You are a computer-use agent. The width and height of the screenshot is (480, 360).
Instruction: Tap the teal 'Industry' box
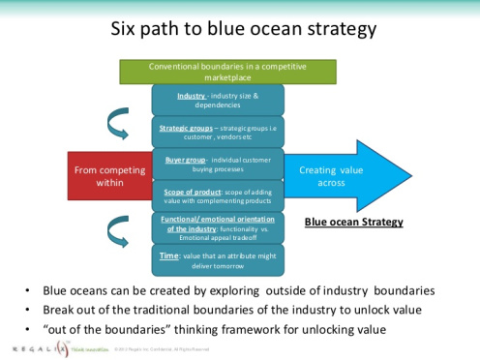[x=217, y=100]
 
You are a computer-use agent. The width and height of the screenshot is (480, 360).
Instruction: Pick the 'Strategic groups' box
[x=217, y=132]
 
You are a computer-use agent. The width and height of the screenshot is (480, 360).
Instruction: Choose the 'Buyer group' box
[x=217, y=163]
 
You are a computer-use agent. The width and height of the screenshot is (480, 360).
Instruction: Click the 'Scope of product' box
[x=217, y=195]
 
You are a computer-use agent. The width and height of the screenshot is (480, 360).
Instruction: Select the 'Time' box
[x=217, y=258]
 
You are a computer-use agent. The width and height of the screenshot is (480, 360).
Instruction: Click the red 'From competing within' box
[x=109, y=176]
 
